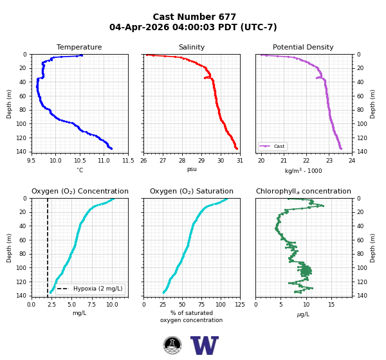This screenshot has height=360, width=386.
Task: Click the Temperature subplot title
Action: (x=79, y=47)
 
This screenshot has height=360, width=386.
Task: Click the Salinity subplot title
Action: (x=192, y=47)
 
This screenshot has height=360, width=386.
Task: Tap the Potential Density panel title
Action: (x=303, y=47)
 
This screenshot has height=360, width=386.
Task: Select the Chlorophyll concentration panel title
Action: (x=304, y=191)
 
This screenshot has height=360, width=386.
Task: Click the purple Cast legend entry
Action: (x=272, y=146)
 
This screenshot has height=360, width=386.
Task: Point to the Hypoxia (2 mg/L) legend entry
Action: (x=90, y=289)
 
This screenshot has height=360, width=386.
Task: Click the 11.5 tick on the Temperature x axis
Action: (x=128, y=161)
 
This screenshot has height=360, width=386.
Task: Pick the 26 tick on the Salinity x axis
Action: (x=143, y=161)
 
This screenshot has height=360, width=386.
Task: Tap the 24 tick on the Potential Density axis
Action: (x=352, y=161)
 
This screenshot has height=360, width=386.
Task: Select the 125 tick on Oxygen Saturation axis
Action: (x=240, y=305)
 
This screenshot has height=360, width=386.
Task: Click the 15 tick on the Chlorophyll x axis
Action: (x=331, y=305)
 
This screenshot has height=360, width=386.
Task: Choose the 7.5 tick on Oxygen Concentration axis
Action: (x=92, y=305)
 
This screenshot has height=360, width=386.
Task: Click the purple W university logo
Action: (x=205, y=345)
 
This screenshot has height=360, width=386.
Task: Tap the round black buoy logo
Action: (x=172, y=345)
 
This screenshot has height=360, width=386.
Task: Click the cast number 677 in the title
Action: (x=224, y=17)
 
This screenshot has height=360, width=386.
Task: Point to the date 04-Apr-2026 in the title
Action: (x=140, y=27)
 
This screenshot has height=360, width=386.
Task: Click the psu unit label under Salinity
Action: (x=192, y=169)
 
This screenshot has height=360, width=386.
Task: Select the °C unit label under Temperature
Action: (x=80, y=170)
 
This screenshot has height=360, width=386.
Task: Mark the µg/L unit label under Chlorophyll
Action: (x=303, y=314)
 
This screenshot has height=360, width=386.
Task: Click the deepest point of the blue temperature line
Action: (x=111, y=148)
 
